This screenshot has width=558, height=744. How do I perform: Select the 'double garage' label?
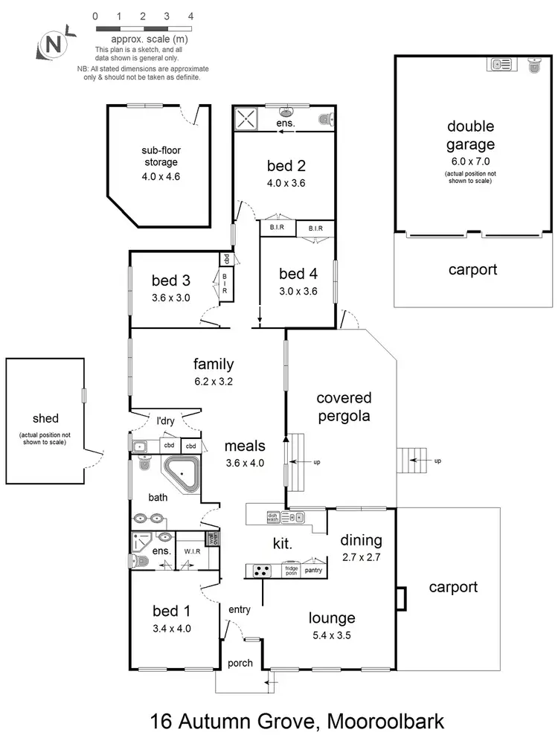click(470, 135)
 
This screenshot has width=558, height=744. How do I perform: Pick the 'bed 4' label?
click(298, 273)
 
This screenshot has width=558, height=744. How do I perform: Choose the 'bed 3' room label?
click(171, 280)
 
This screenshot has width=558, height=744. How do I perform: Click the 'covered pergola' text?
click(343, 407)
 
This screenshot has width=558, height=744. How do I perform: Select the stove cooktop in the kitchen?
click(262, 571)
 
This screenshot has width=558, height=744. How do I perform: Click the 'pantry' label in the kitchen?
click(315, 571)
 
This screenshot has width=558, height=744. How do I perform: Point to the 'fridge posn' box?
click(291, 571)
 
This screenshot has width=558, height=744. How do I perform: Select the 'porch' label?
click(240, 663)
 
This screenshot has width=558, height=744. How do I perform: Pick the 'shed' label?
click(42, 419)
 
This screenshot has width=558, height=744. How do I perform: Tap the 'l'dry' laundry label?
click(165, 421)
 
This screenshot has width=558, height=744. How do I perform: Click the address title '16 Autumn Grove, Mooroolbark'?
click(297, 721)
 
